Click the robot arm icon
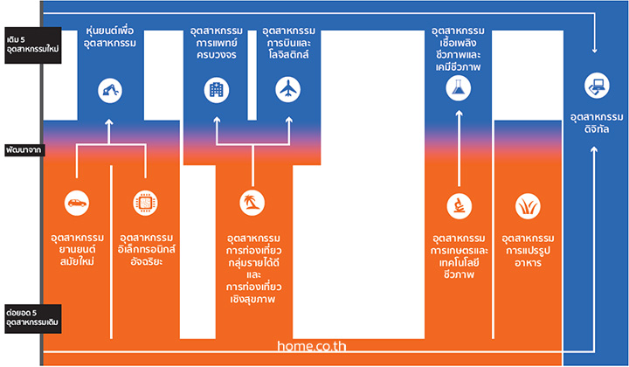[109, 91]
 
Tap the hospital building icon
[217, 90]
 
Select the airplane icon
[288, 89]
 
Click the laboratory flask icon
[459, 88]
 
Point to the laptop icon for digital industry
[597, 86]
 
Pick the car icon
[77, 203]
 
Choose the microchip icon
[145, 203]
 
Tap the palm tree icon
[252, 203]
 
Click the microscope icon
[460, 206]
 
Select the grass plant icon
[528, 206]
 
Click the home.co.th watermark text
[311, 346]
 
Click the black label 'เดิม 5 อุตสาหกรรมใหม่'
[33, 45]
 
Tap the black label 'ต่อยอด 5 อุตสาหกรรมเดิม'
[33, 318]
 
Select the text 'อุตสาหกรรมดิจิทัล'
[597, 123]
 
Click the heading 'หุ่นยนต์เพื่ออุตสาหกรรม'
[110, 37]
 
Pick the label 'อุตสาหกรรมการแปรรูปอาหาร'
[528, 251]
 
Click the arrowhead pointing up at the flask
[459, 114]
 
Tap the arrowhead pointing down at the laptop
[595, 50]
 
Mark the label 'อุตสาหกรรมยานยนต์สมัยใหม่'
[77, 250]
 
